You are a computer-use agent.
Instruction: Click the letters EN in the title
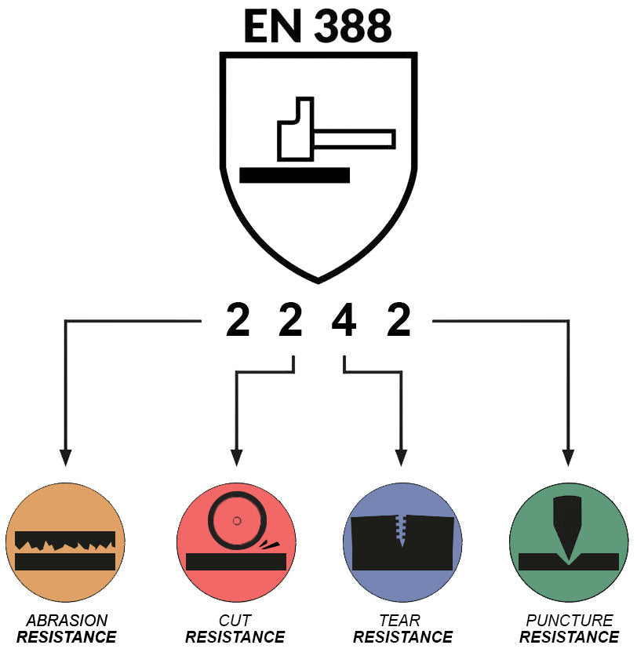pyautogui.click(x=272, y=26)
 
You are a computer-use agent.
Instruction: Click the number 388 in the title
pyautogui.click(x=352, y=26)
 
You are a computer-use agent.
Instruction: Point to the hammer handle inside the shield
pyautogui.click(x=355, y=139)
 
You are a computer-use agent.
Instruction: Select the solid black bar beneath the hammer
pyautogui.click(x=294, y=175)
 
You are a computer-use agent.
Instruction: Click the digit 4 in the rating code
pyautogui.click(x=344, y=320)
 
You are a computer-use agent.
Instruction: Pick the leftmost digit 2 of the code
pyautogui.click(x=238, y=320)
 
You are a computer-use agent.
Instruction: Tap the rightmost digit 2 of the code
pyautogui.click(x=399, y=320)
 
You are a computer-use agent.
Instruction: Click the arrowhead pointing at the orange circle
pyautogui.click(x=65, y=457)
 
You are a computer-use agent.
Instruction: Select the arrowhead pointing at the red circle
pyautogui.click(x=236, y=457)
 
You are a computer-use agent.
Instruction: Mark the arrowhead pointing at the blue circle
pyautogui.click(x=401, y=457)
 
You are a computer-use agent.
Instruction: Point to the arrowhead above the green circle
pyautogui.click(x=568, y=457)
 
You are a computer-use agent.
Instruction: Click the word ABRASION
pyautogui.click(x=67, y=620)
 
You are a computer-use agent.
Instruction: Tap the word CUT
pyautogui.click(x=235, y=620)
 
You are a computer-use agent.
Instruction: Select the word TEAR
pyautogui.click(x=400, y=620)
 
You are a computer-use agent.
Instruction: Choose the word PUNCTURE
pyautogui.click(x=570, y=620)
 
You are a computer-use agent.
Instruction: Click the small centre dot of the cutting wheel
pyautogui.click(x=237, y=521)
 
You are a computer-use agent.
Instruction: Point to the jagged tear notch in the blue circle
pyautogui.click(x=402, y=529)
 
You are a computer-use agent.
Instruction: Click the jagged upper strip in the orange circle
pyautogui.click(x=65, y=540)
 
